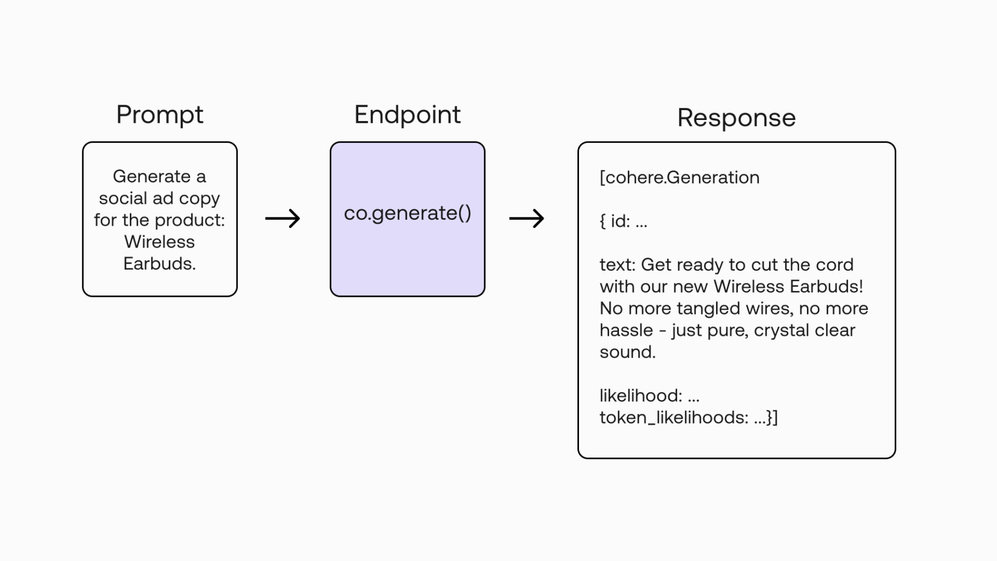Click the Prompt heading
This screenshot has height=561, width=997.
(x=159, y=116)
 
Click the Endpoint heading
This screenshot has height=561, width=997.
(x=408, y=116)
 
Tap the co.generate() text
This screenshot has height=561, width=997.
(x=408, y=213)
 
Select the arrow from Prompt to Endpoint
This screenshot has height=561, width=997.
(x=283, y=219)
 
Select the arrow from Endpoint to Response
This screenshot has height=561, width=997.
(x=526, y=219)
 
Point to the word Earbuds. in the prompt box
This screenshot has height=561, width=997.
(x=159, y=264)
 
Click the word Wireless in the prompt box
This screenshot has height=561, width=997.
(x=159, y=242)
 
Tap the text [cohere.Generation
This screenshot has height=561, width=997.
(x=680, y=178)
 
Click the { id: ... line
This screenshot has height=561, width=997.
(x=623, y=221)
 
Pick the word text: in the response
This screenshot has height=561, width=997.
(x=618, y=265)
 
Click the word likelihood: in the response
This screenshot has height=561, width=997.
(x=641, y=396)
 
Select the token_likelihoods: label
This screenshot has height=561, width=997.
(x=674, y=417)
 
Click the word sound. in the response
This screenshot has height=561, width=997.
(x=628, y=352)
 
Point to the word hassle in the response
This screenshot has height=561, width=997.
(x=626, y=330)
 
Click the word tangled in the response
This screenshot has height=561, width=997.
(x=707, y=309)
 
